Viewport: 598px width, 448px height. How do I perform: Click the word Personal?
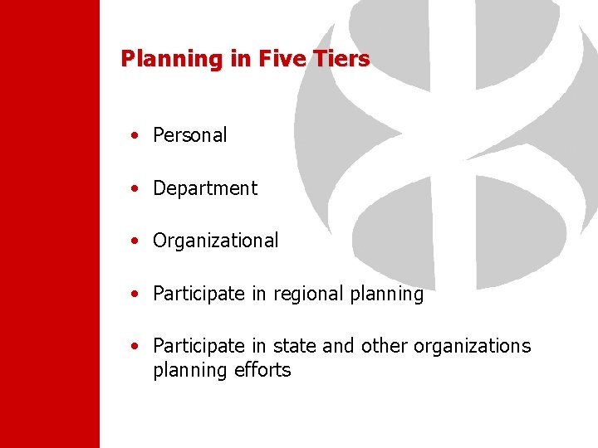tap(190, 135)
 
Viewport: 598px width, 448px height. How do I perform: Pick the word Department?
tap(205, 188)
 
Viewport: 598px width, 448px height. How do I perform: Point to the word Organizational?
tap(216, 241)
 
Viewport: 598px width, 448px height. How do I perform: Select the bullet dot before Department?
tap(135, 189)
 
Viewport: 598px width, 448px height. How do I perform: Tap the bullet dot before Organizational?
tap(135, 241)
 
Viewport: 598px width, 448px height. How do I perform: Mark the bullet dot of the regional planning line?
tap(135, 295)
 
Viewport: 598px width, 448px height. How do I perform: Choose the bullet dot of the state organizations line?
tap(135, 347)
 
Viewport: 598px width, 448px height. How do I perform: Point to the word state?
tap(295, 346)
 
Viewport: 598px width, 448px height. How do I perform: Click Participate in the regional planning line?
tap(199, 294)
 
